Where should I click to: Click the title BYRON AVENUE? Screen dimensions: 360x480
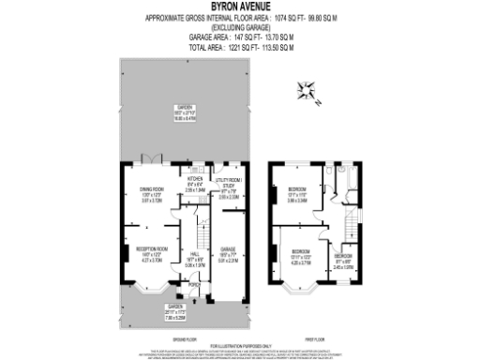239,6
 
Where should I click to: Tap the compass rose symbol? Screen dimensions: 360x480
308,92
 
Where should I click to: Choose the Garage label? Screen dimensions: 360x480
229,250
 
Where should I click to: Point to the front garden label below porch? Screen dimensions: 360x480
174,307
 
